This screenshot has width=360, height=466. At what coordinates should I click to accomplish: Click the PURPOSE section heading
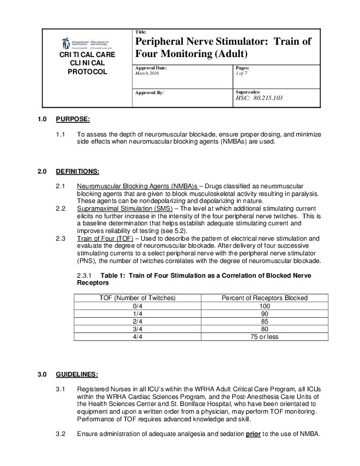(x=72, y=120)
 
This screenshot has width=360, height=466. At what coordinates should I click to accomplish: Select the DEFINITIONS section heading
(x=77, y=171)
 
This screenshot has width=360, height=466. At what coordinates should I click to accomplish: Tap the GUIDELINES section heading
(x=76, y=374)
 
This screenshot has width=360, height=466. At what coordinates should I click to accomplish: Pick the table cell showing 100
(x=264, y=306)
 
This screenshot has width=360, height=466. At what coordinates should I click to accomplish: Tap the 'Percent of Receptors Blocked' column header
(x=264, y=298)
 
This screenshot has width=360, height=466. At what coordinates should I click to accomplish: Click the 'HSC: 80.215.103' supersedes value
(x=259, y=98)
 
